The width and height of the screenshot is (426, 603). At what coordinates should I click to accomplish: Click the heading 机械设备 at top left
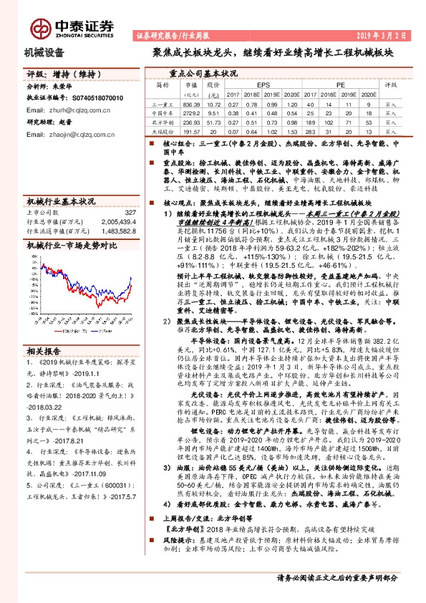(44, 53)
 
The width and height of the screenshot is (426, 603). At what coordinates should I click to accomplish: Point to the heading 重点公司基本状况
(203, 73)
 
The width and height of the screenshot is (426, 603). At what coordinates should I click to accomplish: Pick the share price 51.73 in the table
(213, 122)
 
